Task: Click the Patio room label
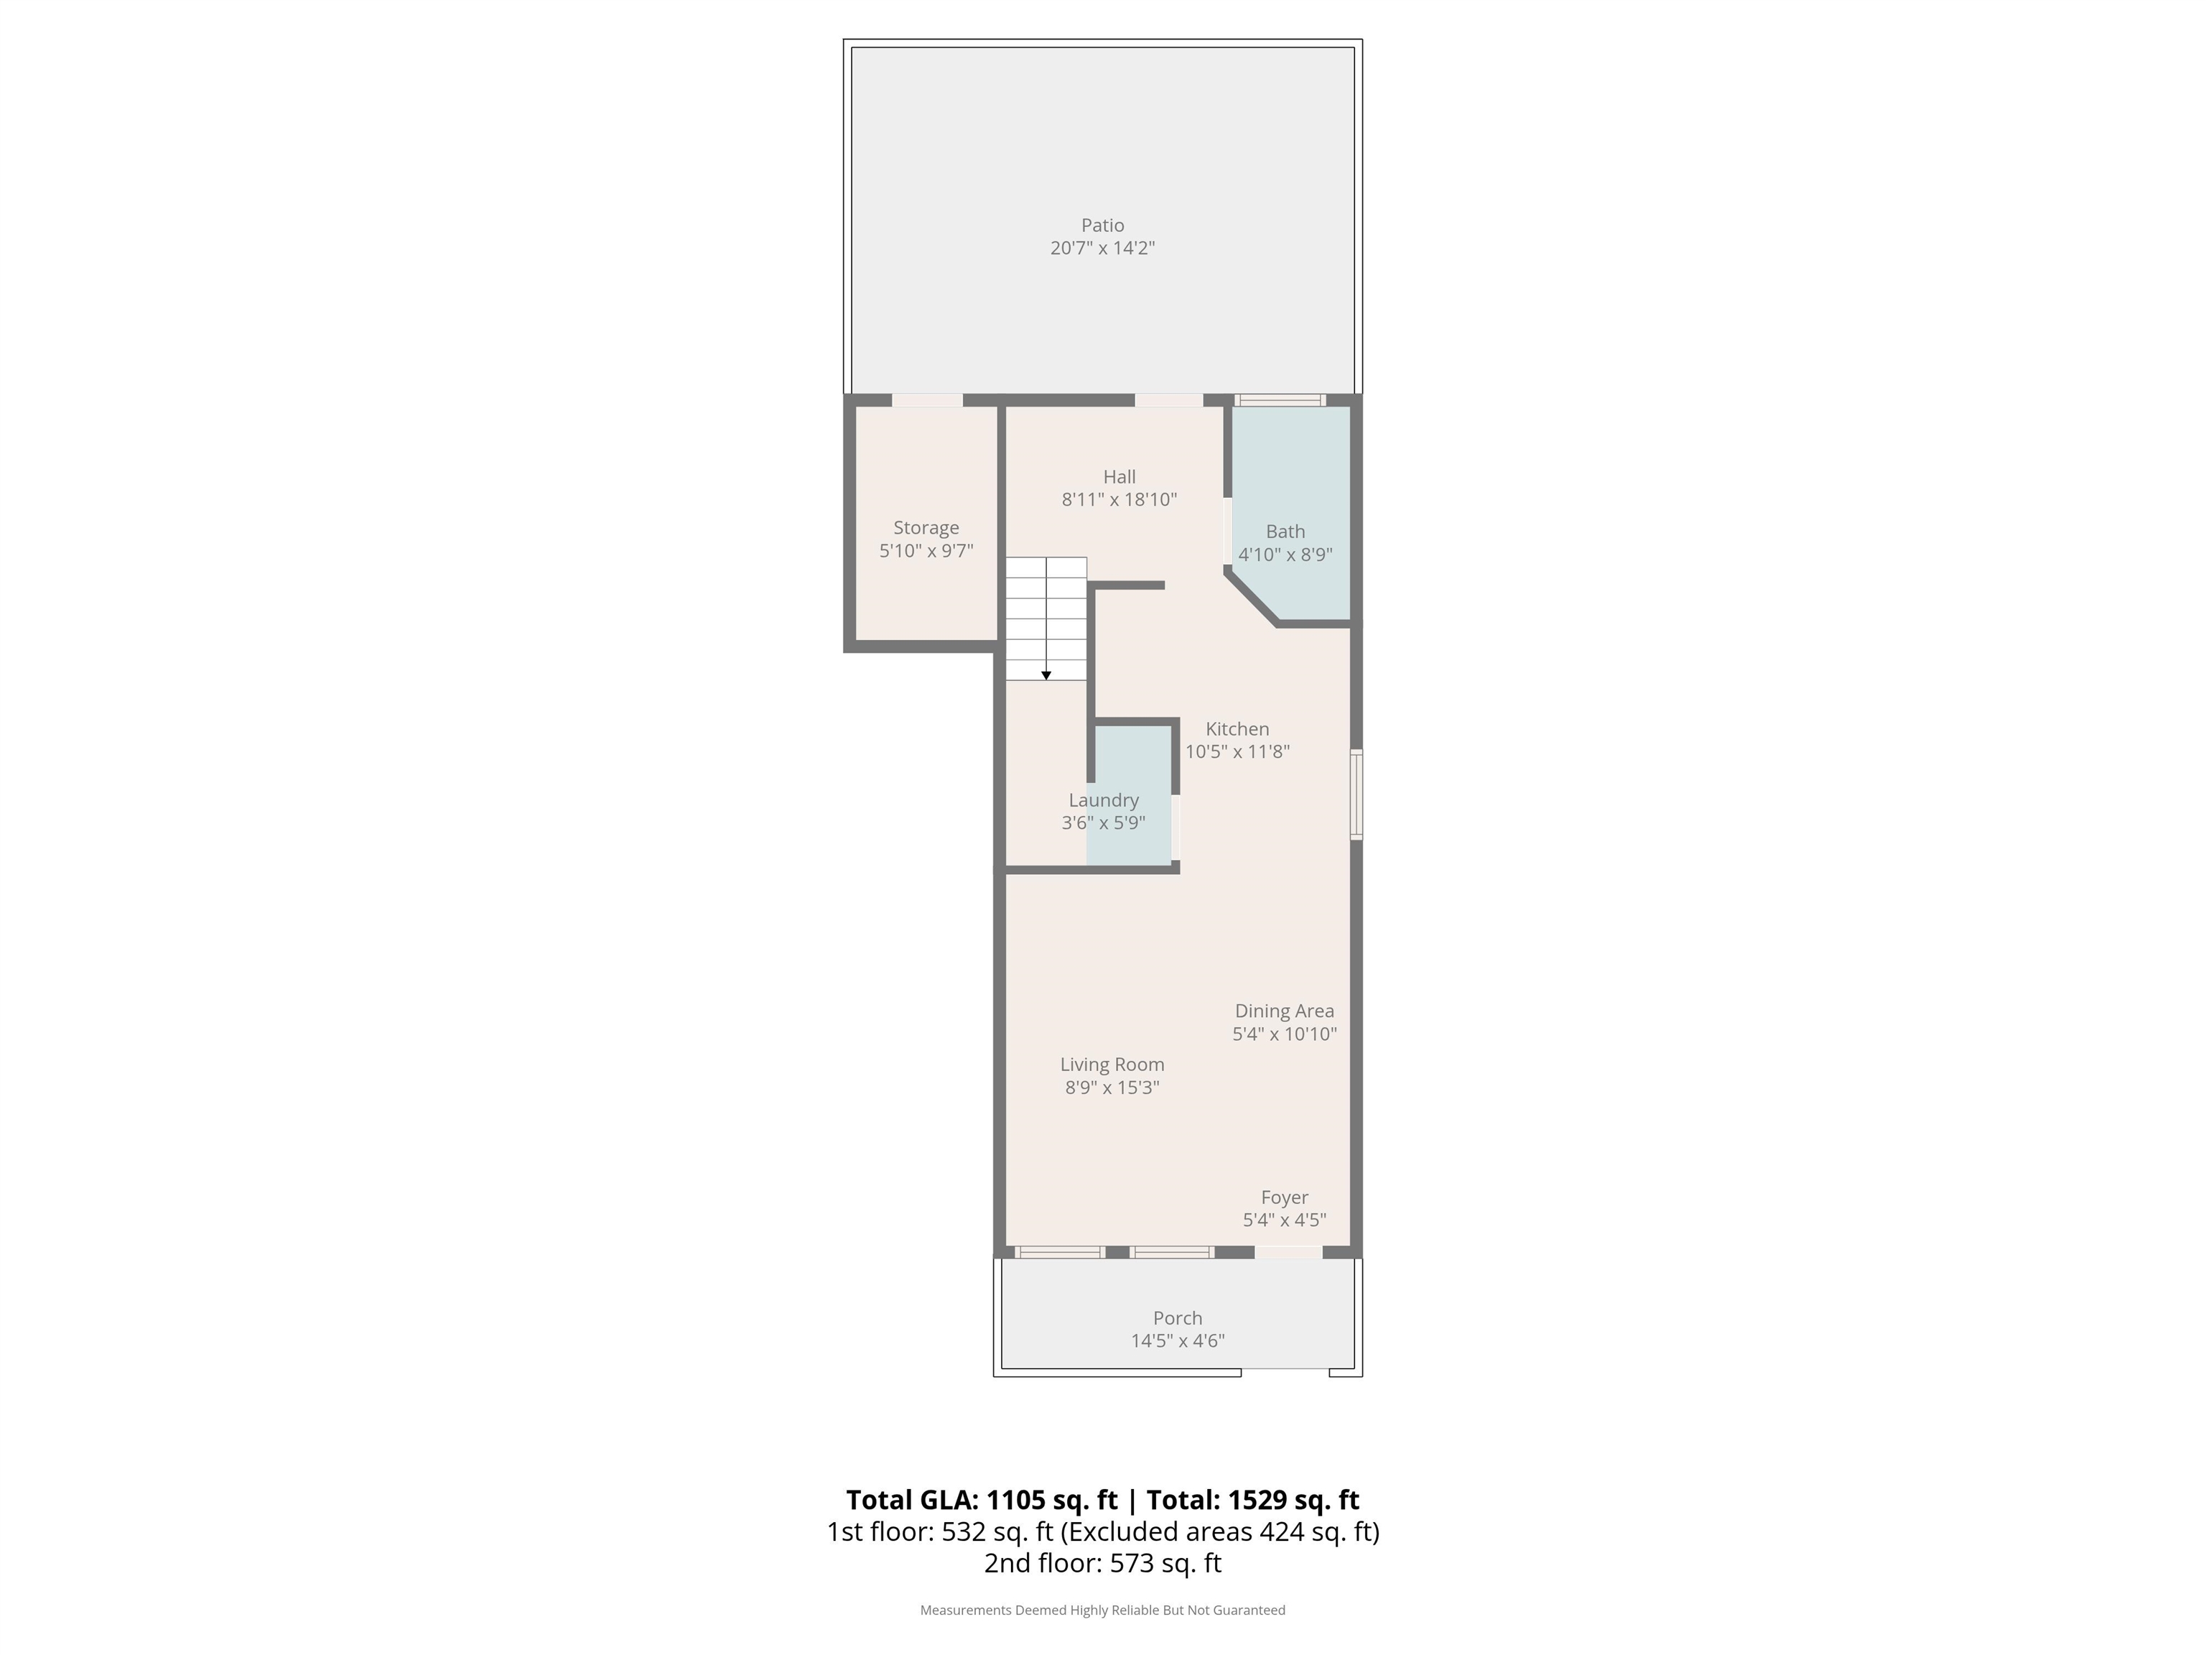click(x=1102, y=226)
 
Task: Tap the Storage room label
click(x=926, y=528)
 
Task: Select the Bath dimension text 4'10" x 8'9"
click(x=1285, y=555)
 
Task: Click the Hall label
click(x=1119, y=477)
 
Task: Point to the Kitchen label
click(x=1237, y=729)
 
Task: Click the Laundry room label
click(x=1103, y=800)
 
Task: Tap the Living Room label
click(x=1112, y=1065)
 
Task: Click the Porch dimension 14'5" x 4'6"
click(x=1177, y=1341)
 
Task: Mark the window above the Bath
click(x=1280, y=400)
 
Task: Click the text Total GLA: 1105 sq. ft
click(x=982, y=1499)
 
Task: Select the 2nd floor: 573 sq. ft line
click(x=1102, y=1563)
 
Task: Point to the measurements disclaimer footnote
click(x=1102, y=1610)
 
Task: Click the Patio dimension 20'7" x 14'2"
click(x=1102, y=247)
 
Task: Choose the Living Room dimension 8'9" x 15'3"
click(x=1112, y=1088)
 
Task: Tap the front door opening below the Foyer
click(x=1288, y=1252)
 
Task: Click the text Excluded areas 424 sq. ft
click(x=1219, y=1532)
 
